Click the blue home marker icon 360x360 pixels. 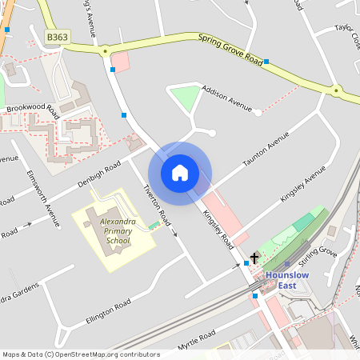179,173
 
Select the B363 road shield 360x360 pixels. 57,37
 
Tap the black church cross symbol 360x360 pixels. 255,258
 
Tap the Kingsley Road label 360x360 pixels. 217,228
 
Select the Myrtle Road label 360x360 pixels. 197,341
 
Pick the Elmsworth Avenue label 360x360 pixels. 43,199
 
